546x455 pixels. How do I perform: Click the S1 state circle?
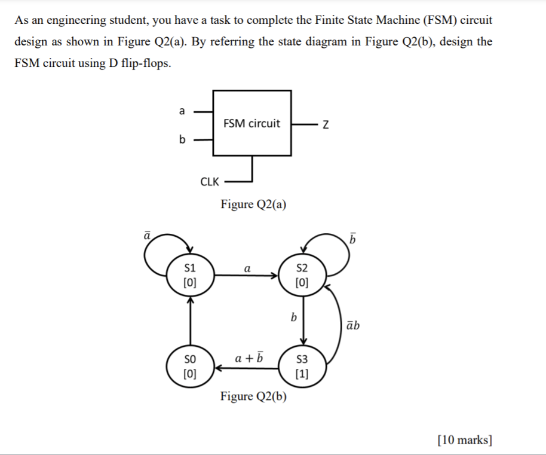[x=190, y=275]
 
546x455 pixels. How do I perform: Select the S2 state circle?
[x=302, y=275]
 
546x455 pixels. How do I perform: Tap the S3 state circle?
[x=302, y=366]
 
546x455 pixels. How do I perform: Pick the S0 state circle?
[x=190, y=366]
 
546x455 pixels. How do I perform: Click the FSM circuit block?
[x=252, y=123]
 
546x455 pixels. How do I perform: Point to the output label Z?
[x=326, y=124]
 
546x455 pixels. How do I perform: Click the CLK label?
[x=210, y=182]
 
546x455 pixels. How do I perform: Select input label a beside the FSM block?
[x=182, y=111]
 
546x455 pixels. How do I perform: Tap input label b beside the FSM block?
[x=182, y=139]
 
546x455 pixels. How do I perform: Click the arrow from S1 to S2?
[x=246, y=276]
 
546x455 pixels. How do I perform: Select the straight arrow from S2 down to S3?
[x=303, y=320]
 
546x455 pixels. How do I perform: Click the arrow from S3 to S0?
[x=246, y=368]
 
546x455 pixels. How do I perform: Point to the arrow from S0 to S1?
[x=190, y=320]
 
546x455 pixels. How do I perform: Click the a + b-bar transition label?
[x=249, y=357]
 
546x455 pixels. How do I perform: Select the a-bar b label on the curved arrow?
[x=352, y=325]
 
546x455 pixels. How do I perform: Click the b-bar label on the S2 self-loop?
[x=352, y=239]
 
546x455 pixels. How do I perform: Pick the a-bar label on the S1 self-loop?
[x=148, y=235]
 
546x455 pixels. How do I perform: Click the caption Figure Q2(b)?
[x=253, y=396]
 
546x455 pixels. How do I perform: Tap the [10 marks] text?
[x=465, y=439]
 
